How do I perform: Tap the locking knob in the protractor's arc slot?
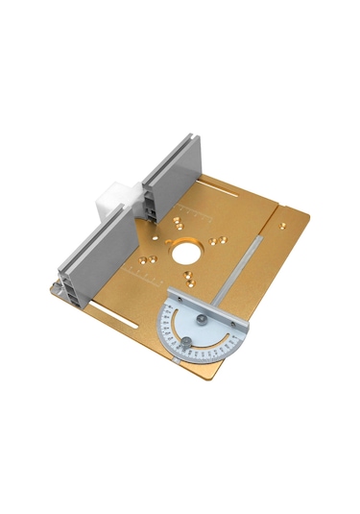click(x=188, y=342)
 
